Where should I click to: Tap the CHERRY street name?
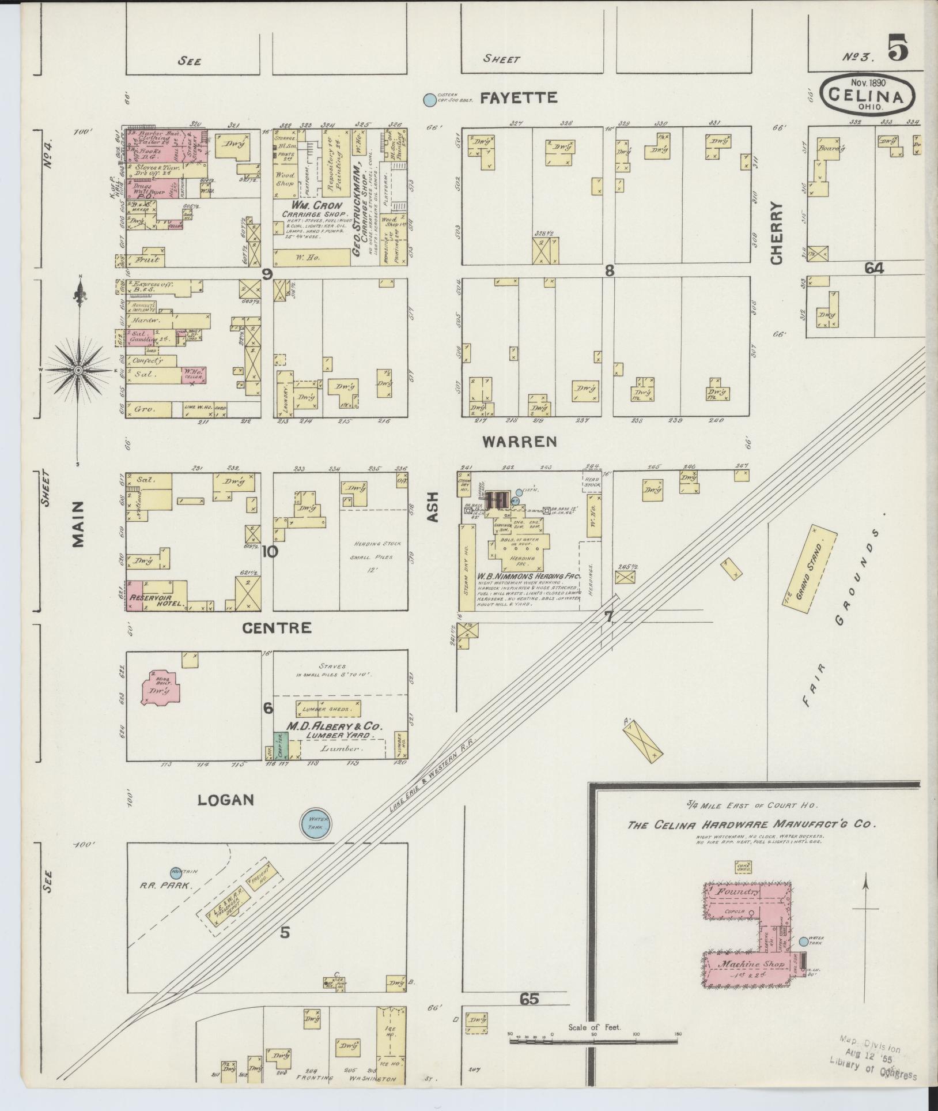coord(777,233)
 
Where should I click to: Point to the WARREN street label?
coord(519,442)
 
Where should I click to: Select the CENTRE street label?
coord(277,628)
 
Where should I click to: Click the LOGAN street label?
coord(225,800)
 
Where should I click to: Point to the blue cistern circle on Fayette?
coord(429,100)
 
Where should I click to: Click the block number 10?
coord(270,552)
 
